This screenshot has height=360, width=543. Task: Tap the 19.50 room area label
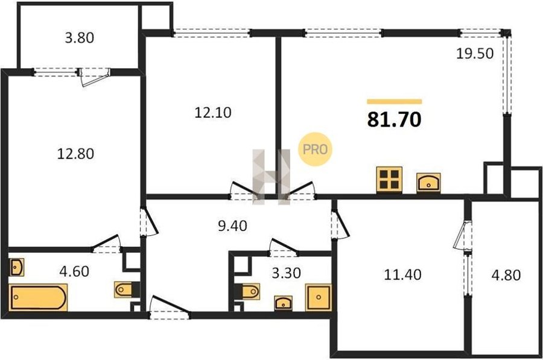pos(475,54)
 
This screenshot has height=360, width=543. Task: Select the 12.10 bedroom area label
pos(212,113)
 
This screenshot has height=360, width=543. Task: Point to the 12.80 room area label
pos(75,154)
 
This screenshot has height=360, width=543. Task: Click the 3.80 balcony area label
pos(79,38)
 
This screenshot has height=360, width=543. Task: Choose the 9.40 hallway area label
pos(232,226)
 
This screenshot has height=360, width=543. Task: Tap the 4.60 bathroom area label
pos(74,271)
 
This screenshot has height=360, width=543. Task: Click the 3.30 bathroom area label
pos(286,273)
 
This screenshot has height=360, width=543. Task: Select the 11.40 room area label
pos(403,275)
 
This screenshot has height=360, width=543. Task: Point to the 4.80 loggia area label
pos(506,275)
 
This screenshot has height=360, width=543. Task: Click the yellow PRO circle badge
pos(315,149)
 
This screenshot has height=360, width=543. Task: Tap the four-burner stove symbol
pos(389,179)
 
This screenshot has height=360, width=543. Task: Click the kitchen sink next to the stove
pos(429,182)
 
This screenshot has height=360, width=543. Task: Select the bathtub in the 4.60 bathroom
pos(38,298)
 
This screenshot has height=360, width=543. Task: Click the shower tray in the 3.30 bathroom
pos(318,297)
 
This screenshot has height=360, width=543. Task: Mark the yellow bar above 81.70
pos(395,101)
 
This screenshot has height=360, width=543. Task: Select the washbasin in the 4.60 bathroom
pos(16,267)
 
